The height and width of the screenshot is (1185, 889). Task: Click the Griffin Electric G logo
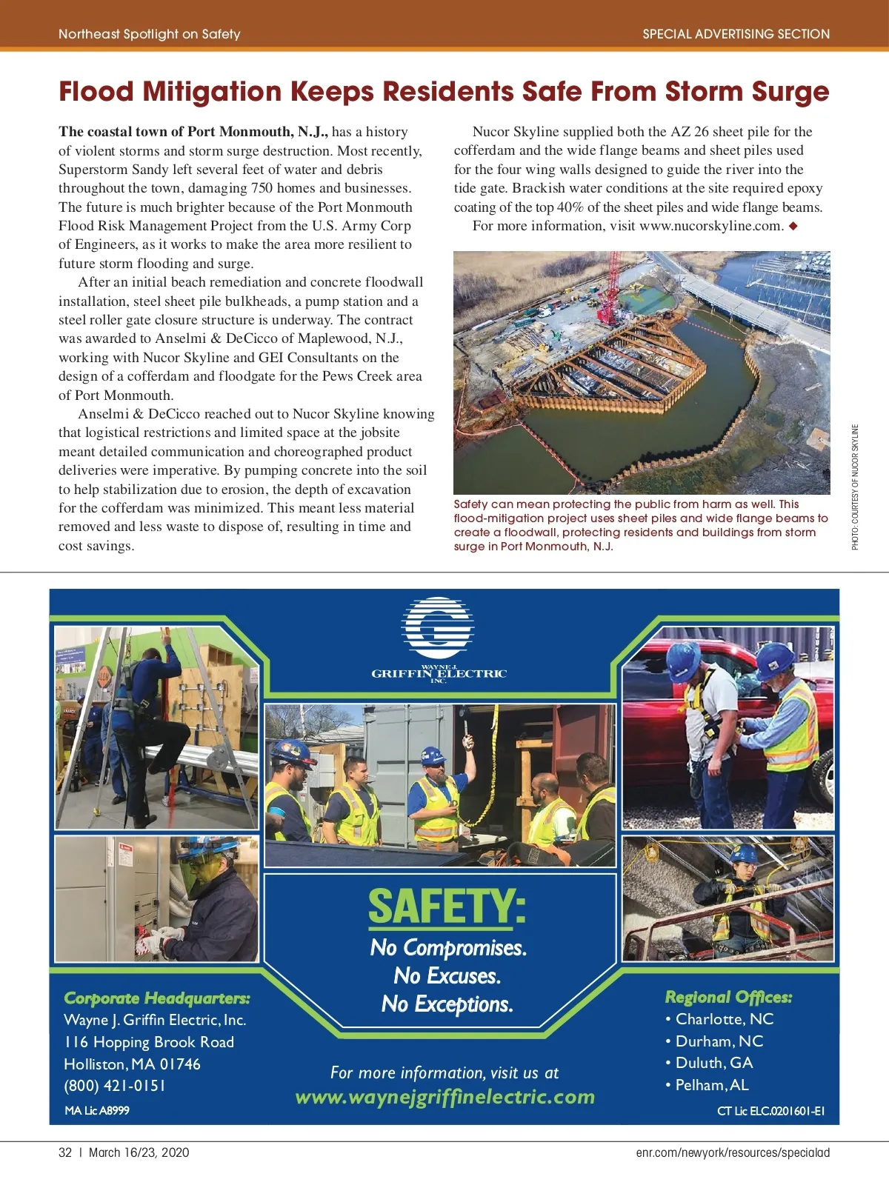[x=438, y=628]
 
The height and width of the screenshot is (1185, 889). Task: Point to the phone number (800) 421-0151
[x=115, y=1086]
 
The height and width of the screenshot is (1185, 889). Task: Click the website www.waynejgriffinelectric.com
[x=444, y=1097]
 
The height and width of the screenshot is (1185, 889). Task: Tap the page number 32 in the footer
[x=65, y=1152]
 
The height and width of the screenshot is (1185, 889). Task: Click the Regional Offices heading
[x=728, y=997]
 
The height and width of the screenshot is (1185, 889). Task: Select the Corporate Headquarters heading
[x=157, y=998]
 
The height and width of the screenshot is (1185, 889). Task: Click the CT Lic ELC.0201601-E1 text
[x=770, y=1111]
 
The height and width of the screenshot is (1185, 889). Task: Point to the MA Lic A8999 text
[x=97, y=1110]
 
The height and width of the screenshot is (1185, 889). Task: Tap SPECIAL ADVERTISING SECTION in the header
[x=736, y=34]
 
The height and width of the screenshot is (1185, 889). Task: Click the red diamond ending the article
[x=793, y=226]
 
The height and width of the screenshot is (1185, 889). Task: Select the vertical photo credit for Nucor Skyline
[x=855, y=487]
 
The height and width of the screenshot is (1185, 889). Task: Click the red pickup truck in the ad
[x=667, y=711]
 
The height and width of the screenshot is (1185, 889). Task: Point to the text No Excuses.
[x=447, y=976]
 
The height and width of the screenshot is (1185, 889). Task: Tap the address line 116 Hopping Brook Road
[x=149, y=1042]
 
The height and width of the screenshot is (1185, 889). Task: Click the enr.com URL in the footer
[x=733, y=1152]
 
